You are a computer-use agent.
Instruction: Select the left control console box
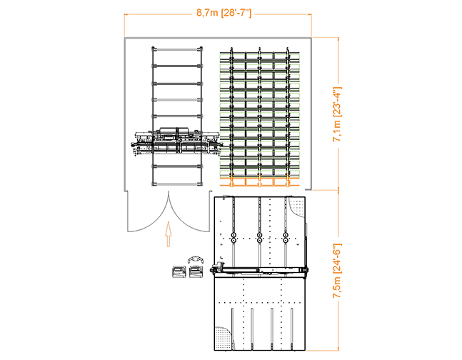[179, 271]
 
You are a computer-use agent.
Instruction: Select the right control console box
[195, 271]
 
